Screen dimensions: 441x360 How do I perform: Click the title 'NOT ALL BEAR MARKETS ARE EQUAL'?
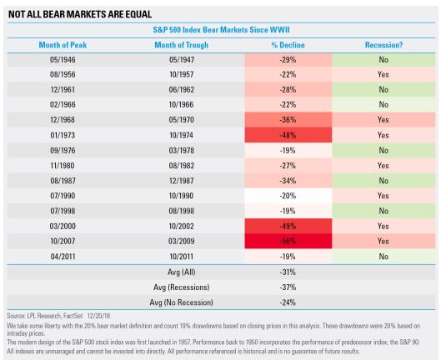coord(80,14)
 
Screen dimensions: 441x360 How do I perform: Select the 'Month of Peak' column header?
coord(63,45)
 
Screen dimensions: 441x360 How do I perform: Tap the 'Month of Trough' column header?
coord(182,45)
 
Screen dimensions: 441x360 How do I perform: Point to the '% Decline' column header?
coord(288,45)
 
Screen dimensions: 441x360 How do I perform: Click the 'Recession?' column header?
coord(383,45)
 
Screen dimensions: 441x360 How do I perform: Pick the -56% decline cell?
coord(288,242)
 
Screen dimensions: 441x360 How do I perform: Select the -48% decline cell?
coord(288,135)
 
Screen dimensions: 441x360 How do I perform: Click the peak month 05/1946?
coord(63,60)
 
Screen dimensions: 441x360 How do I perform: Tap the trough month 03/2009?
coord(182,242)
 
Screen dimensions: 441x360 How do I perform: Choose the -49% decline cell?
coord(288,226)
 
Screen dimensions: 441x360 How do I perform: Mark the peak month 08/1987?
coord(63,181)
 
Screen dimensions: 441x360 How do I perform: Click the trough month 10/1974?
coord(182,135)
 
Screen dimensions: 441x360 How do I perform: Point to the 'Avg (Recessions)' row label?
coord(182,287)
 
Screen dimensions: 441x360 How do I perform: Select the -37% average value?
coord(288,287)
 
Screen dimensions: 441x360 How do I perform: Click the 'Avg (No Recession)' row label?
coord(182,302)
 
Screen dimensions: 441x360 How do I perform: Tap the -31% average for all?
coord(288,272)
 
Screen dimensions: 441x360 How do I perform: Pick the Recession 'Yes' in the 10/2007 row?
coord(383,242)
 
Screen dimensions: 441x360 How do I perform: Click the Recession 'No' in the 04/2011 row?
coord(383,257)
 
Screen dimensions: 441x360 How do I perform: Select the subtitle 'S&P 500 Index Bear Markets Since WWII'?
coord(221,30)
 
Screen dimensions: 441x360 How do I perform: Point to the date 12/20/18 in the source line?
coord(98,316)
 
